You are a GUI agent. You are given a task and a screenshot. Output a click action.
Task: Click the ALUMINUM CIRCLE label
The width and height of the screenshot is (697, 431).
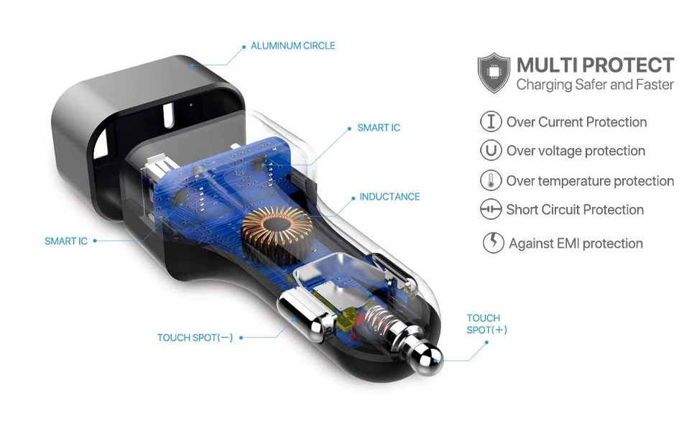(293, 46)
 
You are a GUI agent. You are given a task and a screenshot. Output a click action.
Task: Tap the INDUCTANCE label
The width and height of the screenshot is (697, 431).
(389, 197)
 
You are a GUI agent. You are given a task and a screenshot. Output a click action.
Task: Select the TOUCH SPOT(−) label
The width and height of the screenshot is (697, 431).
(195, 338)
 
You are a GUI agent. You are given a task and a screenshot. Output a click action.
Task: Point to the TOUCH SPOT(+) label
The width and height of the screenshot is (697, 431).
(486, 324)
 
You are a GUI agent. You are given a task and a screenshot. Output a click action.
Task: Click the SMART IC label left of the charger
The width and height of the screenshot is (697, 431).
(66, 241)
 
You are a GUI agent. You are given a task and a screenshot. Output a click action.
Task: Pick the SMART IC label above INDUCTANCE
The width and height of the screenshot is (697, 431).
(379, 128)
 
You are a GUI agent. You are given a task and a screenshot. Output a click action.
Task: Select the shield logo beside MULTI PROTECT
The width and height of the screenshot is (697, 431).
(494, 73)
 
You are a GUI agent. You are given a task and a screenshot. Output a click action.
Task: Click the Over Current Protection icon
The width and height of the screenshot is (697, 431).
(491, 121)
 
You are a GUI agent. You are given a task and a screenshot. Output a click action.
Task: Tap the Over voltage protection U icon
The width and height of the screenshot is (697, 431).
(491, 150)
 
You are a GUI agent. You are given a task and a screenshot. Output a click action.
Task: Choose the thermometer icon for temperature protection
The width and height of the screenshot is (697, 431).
(491, 180)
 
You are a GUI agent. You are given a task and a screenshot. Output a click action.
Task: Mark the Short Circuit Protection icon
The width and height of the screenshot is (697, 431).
(491, 209)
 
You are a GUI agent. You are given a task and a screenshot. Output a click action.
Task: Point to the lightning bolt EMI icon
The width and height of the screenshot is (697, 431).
(494, 243)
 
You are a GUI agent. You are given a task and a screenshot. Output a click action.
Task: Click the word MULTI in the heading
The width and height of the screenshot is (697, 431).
(546, 65)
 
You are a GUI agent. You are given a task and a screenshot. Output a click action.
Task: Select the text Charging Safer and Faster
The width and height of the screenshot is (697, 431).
(595, 85)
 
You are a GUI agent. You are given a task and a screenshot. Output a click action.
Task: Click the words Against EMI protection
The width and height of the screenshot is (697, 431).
(576, 244)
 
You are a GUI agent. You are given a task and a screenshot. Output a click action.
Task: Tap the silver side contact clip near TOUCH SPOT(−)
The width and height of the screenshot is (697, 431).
(307, 313)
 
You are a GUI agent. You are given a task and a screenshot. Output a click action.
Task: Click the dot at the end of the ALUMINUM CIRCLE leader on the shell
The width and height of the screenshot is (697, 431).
(192, 65)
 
